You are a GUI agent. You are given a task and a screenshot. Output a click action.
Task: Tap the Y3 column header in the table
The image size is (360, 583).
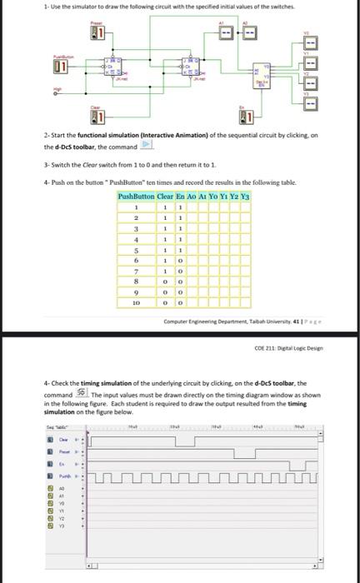pyautogui.click(x=246, y=197)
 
